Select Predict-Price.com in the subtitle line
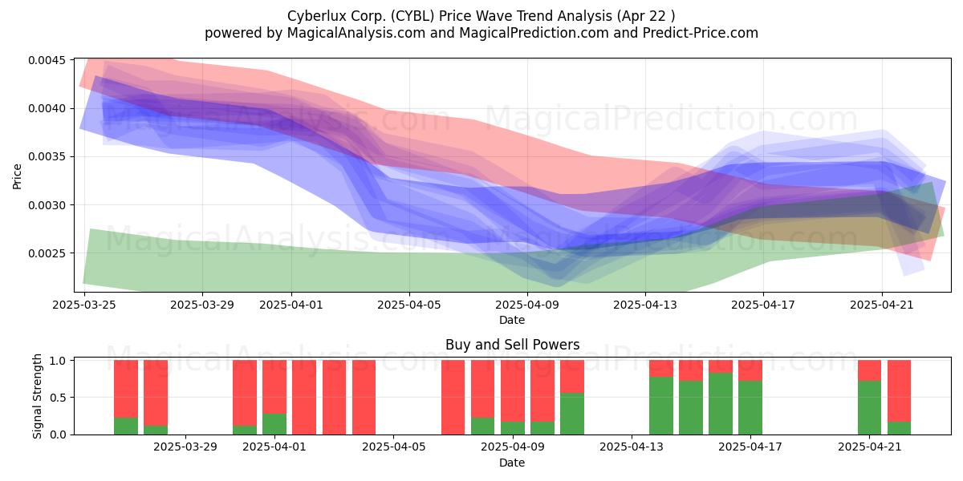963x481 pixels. coord(701,33)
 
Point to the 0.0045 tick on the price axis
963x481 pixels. coord(47,60)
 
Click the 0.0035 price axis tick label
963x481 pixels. coord(47,157)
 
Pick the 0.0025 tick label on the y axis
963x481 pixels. coord(47,253)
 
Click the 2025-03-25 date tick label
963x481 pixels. coord(84,305)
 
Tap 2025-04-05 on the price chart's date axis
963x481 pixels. coord(409,305)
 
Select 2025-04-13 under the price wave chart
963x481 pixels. coord(645,305)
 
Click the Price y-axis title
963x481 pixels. coord(17,176)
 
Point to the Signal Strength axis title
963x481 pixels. coord(38,396)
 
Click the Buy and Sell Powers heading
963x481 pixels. coord(513,345)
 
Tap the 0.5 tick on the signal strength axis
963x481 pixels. coord(59,398)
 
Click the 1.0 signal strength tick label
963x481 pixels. coord(59,361)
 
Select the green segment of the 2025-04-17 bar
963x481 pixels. coord(750,407)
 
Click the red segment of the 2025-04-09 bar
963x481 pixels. coord(513,391)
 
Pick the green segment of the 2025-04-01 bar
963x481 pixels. coord(274,424)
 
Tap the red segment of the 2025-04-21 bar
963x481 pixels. coord(869,370)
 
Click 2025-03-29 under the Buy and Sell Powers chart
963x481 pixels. coord(185,447)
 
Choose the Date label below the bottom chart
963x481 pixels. coord(512,463)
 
